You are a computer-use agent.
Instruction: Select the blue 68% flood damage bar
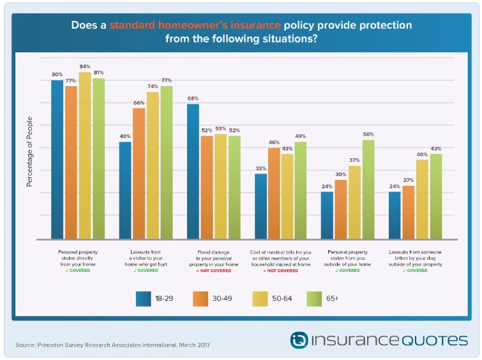[192, 172]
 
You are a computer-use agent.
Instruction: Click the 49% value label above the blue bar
[125, 136]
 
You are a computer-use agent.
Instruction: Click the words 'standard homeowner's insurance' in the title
[195, 26]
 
